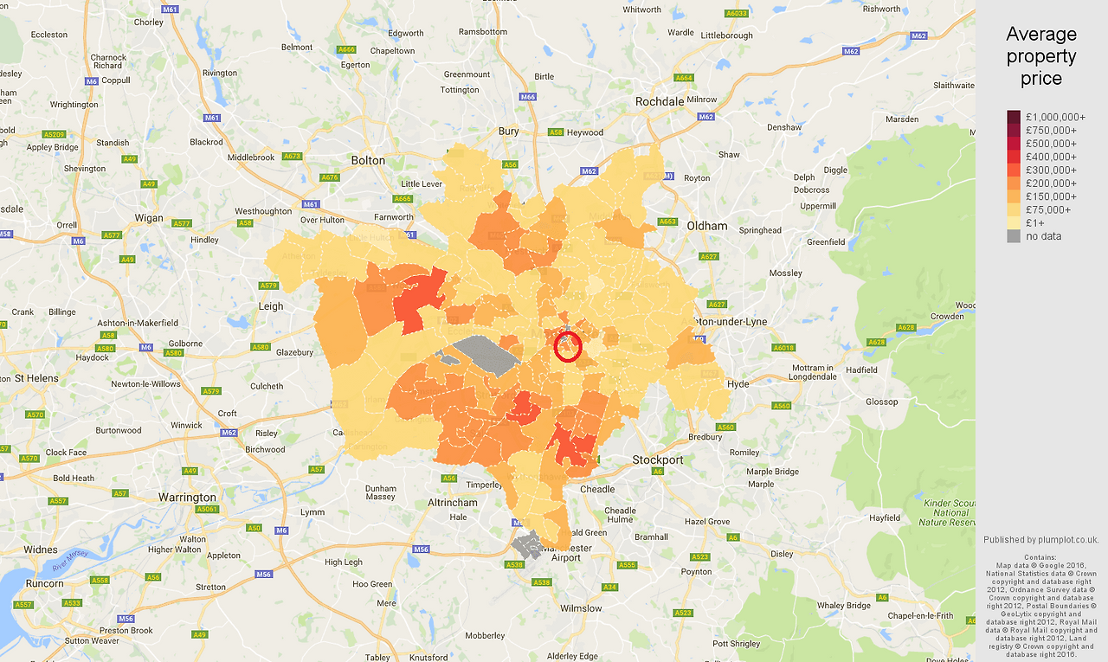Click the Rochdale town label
point(660,101)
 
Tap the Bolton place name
point(368,160)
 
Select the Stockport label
point(658,460)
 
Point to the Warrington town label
point(187,498)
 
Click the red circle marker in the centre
point(568,346)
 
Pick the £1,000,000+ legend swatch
point(1014,117)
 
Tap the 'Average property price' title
point(1041,56)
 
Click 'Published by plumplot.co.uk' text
point(1040,540)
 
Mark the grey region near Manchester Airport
point(525,545)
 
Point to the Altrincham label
point(453,502)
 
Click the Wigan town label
point(149,218)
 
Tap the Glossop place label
point(882,402)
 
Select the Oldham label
point(706,226)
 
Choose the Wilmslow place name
point(581,608)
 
